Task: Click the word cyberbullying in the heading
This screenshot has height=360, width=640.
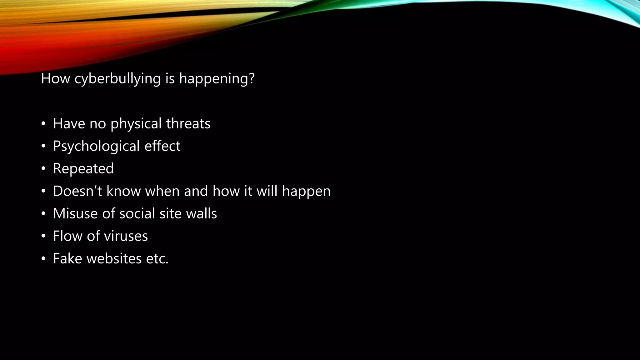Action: [x=117, y=79]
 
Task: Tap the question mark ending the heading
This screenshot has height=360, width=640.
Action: [x=252, y=78]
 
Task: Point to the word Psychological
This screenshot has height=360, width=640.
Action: [x=96, y=146]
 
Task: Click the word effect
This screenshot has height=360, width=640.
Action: [x=162, y=146]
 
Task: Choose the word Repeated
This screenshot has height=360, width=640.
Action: [x=83, y=169]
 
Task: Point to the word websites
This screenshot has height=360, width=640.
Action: [x=114, y=258]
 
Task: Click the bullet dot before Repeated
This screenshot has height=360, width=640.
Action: [x=43, y=169]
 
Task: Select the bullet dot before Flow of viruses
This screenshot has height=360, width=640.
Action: [x=43, y=236]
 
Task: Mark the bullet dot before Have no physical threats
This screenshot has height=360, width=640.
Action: [x=43, y=124]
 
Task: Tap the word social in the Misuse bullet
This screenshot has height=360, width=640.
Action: [x=137, y=213]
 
